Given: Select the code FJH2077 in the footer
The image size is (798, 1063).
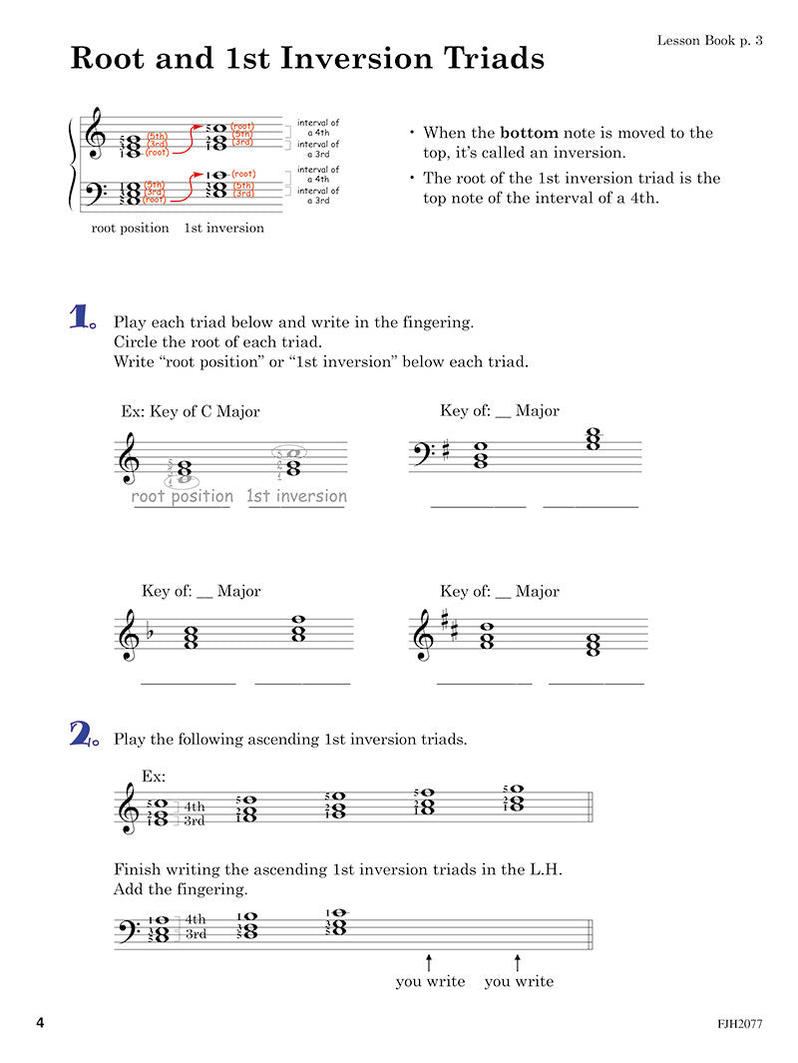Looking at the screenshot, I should coord(739,1024).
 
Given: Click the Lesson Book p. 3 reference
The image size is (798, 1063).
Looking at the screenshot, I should coord(709,40).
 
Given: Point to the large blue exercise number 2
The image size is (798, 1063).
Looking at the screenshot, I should coord(82,736).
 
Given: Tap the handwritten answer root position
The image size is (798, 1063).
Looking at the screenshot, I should coord(183,496).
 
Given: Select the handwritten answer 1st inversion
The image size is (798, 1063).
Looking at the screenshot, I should coord(297,496).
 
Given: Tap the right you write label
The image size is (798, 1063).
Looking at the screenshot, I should coord(519,981).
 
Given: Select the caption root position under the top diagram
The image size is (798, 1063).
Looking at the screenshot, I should coord(130,228).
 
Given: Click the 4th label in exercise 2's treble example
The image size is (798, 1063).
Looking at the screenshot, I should coord(194,806).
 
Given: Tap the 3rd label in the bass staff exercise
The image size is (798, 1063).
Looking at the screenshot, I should coord(196,934).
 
